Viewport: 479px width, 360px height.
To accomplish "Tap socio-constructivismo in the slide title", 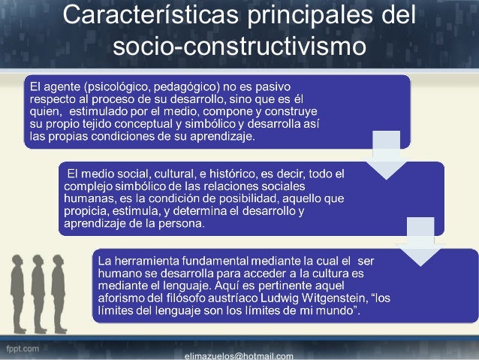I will coord(239,47).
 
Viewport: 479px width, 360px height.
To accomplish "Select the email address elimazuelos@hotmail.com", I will coord(239,355).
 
